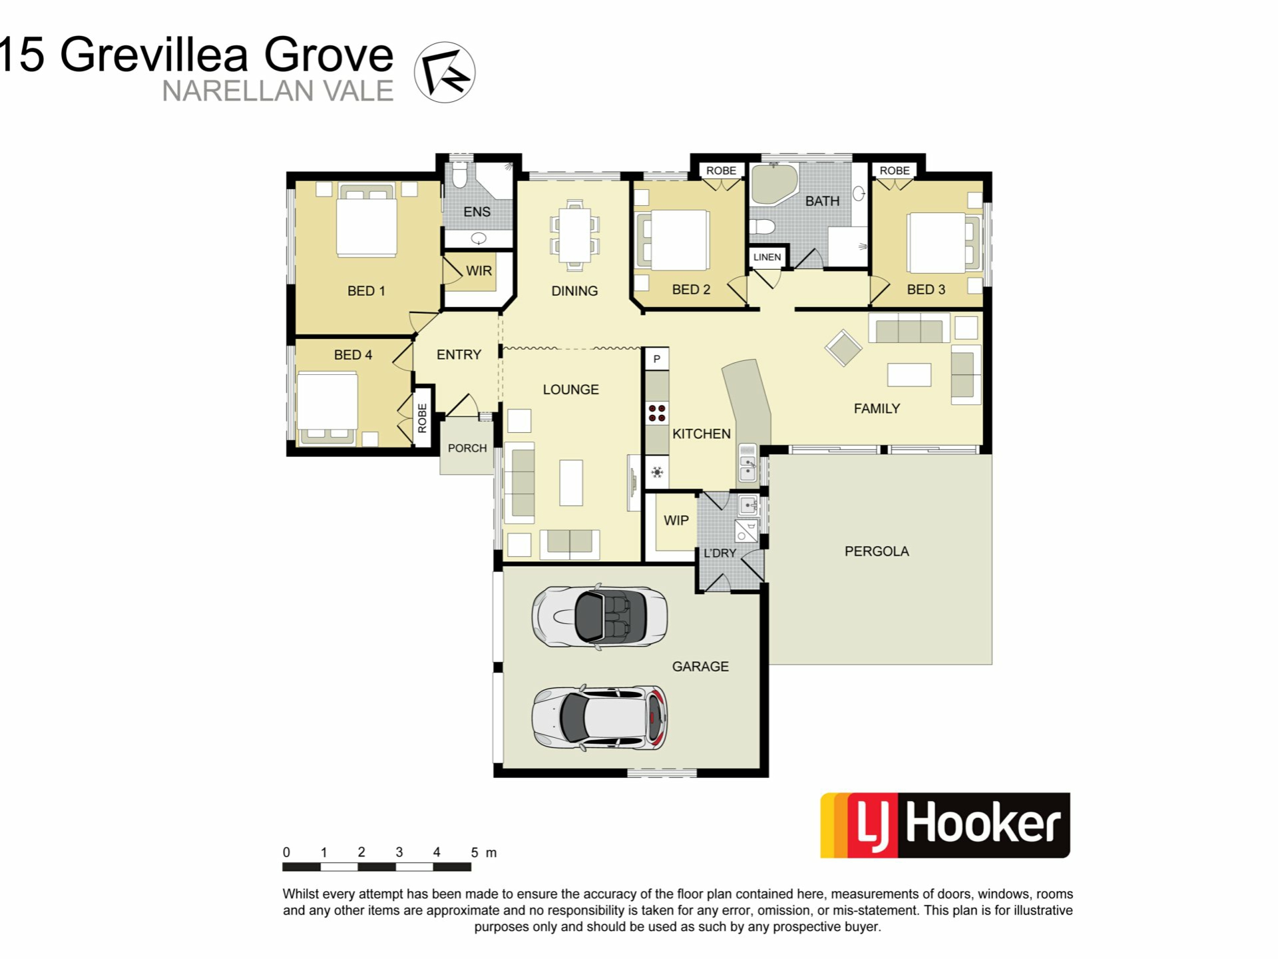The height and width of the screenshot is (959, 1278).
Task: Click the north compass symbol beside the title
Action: point(445,73)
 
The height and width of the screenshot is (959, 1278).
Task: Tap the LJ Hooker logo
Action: point(945,825)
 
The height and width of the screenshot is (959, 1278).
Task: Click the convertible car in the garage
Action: point(599,616)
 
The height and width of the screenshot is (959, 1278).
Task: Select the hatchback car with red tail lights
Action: point(599,718)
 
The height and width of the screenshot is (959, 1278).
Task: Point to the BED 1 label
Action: point(366,291)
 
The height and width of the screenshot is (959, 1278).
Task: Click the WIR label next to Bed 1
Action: point(479,271)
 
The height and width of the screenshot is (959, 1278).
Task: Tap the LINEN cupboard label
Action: point(767,257)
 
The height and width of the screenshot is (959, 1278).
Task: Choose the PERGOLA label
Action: point(877,551)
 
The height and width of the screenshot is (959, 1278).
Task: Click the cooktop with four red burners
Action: point(657,413)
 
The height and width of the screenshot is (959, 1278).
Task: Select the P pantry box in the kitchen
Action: point(657,359)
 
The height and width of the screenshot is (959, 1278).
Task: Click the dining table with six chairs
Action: point(574,235)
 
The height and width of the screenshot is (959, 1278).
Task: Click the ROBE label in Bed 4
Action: point(422,418)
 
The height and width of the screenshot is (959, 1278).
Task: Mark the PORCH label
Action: point(467,448)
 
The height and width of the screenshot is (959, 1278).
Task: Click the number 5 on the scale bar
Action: point(475,852)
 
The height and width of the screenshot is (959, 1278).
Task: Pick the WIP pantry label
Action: point(676,521)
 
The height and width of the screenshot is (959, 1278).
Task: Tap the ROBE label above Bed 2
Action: point(721,170)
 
